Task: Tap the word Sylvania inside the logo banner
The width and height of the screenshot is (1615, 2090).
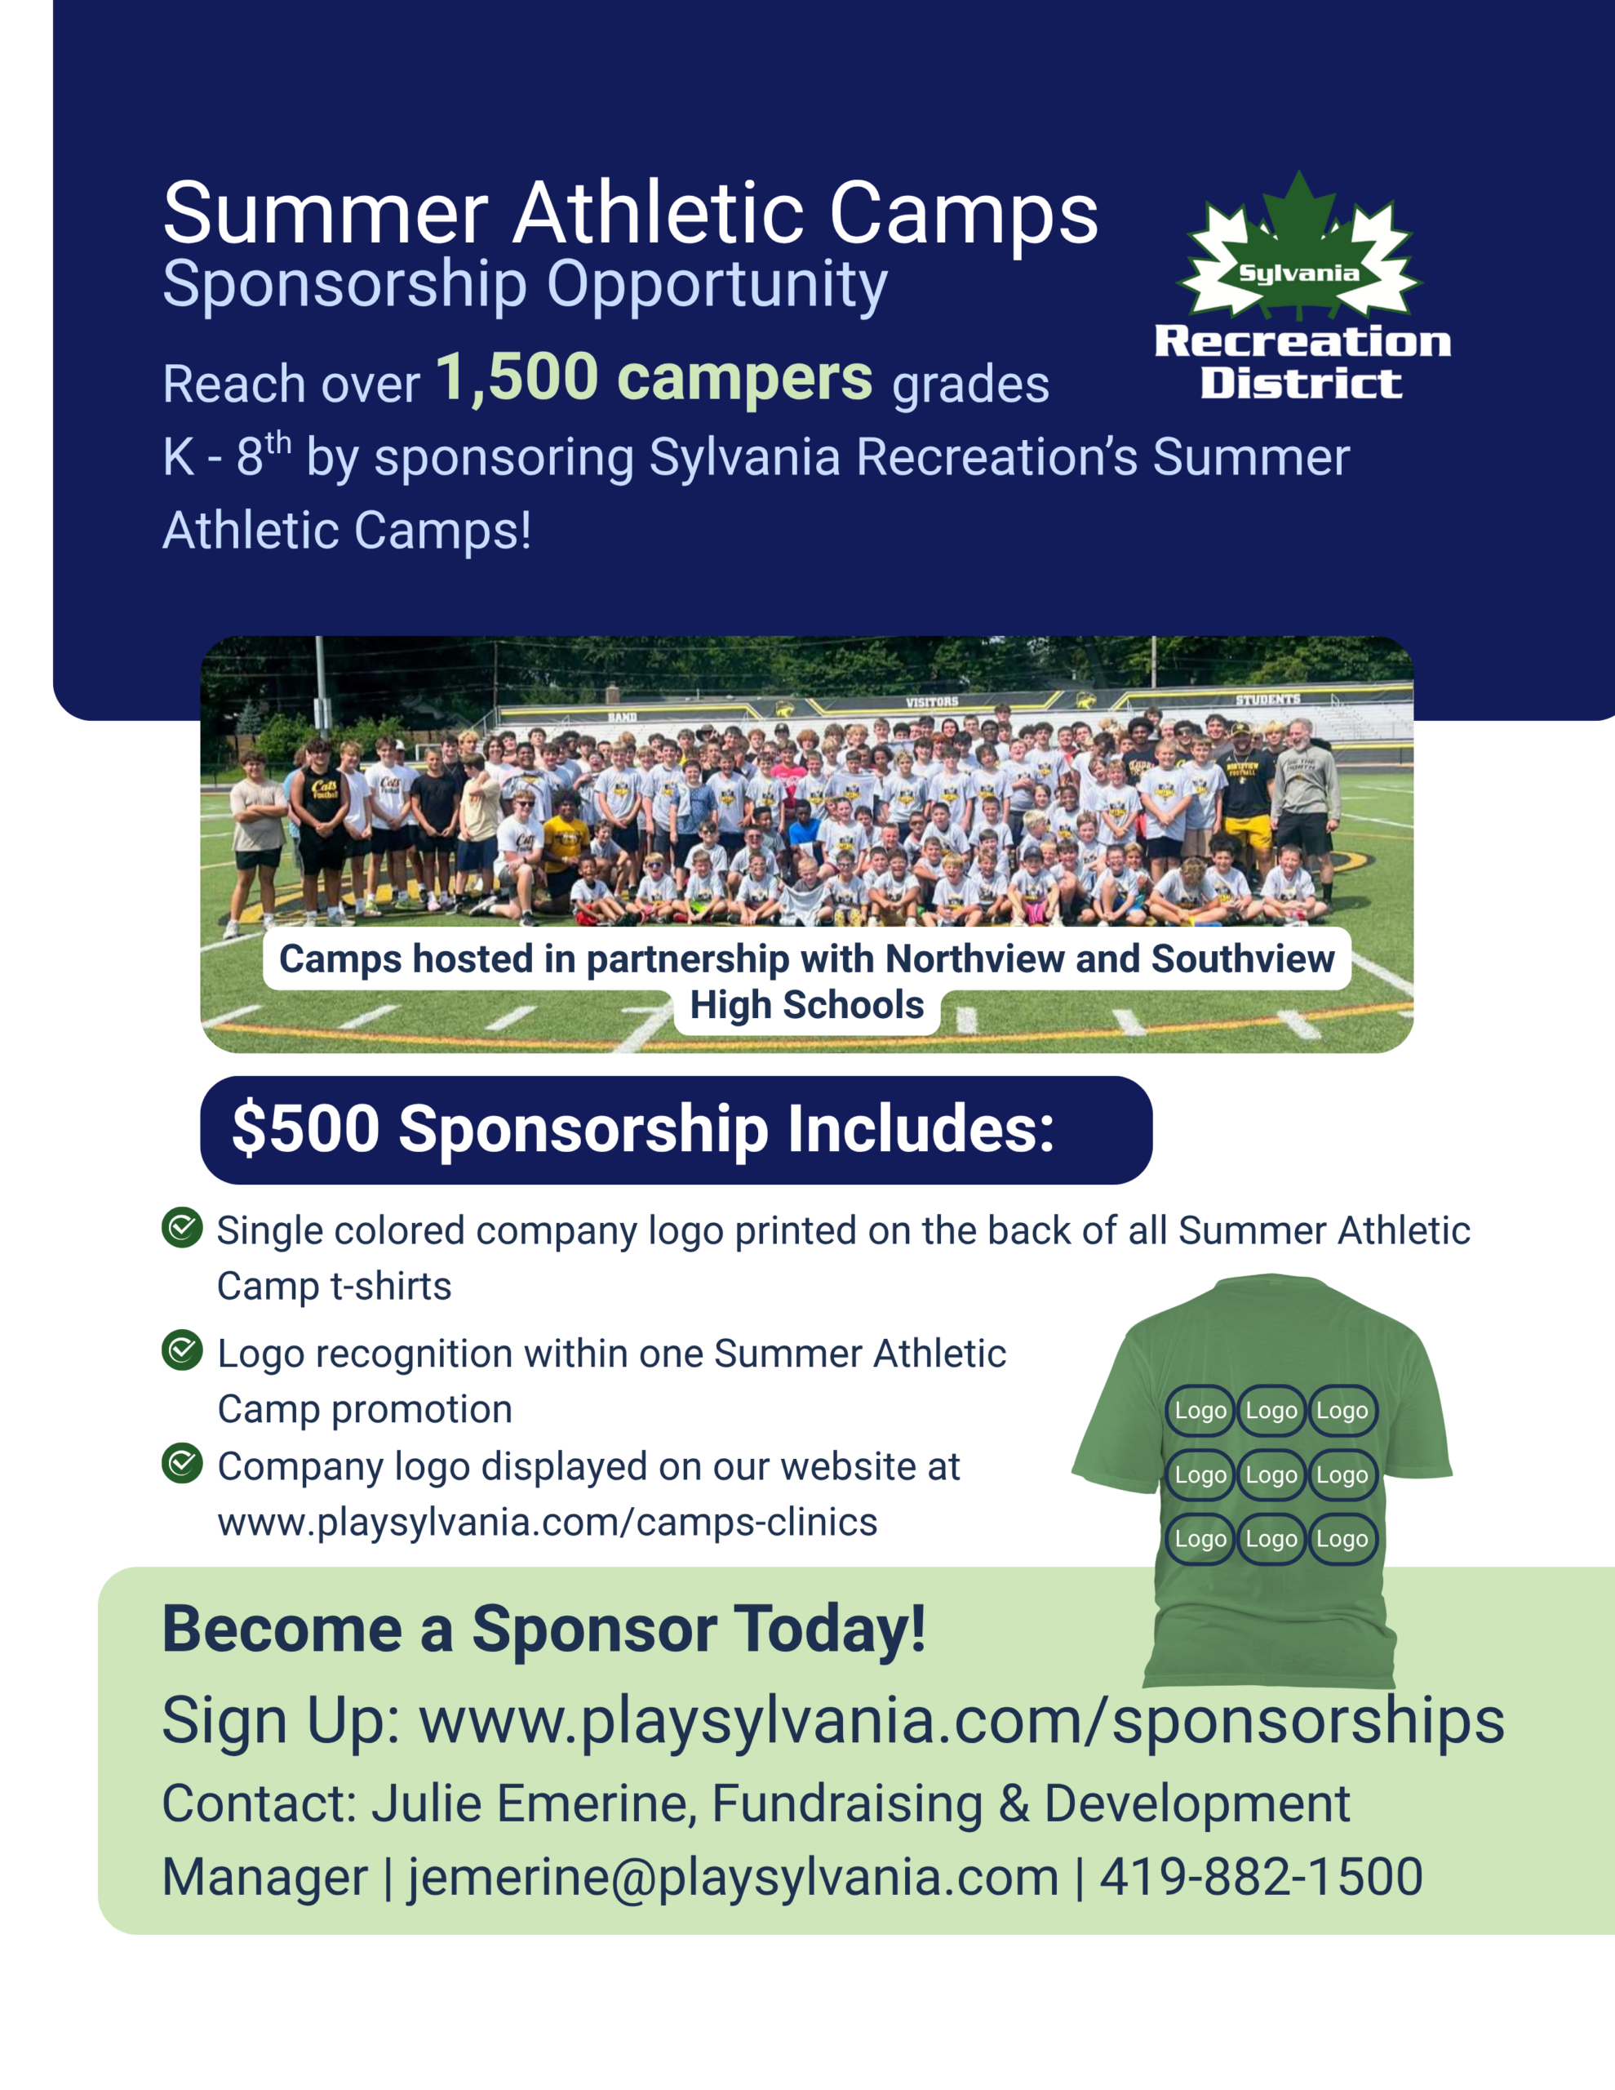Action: click(1298, 273)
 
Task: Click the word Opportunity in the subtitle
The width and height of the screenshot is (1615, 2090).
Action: click(717, 286)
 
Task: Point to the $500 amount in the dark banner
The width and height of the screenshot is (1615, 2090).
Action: click(306, 1128)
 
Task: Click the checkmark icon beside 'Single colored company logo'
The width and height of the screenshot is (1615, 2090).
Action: click(182, 1228)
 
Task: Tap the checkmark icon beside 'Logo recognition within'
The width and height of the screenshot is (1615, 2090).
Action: click(182, 1350)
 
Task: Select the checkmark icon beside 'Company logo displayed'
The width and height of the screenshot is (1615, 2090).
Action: click(182, 1463)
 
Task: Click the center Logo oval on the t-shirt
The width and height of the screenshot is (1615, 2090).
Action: click(1271, 1474)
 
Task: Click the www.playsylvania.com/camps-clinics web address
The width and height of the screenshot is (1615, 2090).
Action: click(548, 1522)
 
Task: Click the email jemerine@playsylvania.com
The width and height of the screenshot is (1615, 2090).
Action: click(733, 1877)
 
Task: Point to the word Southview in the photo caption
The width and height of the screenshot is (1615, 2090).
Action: click(1243, 959)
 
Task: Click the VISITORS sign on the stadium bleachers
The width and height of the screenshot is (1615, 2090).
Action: click(932, 702)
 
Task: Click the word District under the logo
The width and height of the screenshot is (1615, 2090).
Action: click(1301, 384)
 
